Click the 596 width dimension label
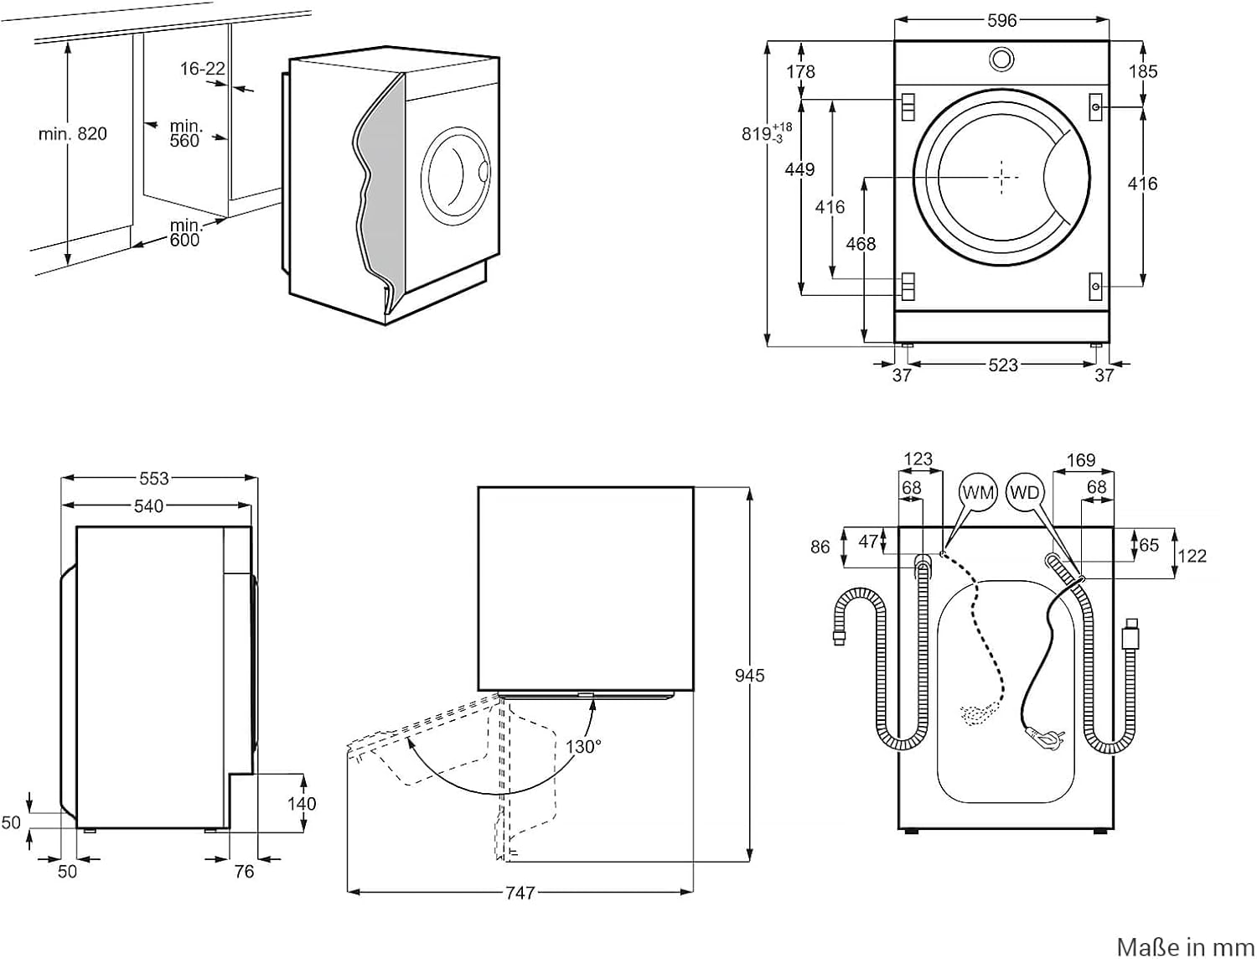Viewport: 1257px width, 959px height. click(1001, 20)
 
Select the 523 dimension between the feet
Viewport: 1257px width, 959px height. click(1002, 365)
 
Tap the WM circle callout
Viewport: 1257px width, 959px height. click(977, 493)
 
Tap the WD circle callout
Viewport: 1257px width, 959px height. click(1024, 493)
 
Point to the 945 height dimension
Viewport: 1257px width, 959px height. click(749, 675)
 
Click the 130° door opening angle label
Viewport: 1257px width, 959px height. click(583, 746)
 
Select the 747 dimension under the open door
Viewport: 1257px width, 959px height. click(520, 894)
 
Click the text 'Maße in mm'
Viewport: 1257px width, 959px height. click(1185, 946)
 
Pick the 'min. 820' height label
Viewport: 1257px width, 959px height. click(73, 133)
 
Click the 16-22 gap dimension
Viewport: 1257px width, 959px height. click(203, 69)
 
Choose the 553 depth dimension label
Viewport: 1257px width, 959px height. click(154, 479)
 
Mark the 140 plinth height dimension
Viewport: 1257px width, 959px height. click(302, 804)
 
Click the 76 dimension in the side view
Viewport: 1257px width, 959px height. click(244, 872)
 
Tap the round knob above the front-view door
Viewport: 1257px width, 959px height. click(1001, 59)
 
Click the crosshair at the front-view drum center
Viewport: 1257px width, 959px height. click(1001, 177)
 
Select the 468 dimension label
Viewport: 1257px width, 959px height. click(861, 244)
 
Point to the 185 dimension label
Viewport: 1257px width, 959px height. click(1143, 71)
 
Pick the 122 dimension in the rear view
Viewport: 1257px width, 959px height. click(1192, 556)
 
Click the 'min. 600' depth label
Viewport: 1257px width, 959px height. click(184, 233)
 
